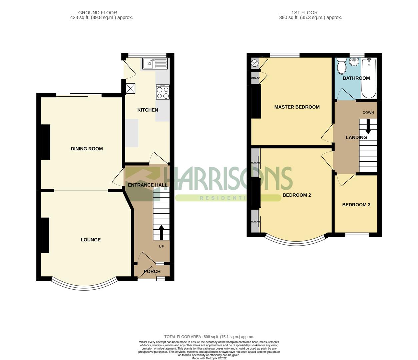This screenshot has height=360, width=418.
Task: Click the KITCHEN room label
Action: click(147, 110)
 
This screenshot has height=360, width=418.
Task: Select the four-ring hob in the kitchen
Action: click(163, 92)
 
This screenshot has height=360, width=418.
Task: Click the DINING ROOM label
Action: click(87, 149)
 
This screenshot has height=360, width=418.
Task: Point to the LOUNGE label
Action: click(90, 240)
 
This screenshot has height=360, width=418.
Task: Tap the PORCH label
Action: click(152, 271)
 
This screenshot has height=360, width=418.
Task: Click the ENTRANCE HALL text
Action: click(147, 185)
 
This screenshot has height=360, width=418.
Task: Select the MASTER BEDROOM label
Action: click(297, 107)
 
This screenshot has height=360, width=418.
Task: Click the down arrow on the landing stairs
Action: click(368, 127)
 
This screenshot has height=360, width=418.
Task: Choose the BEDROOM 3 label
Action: click(356, 205)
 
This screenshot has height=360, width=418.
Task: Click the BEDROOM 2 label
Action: click(297, 195)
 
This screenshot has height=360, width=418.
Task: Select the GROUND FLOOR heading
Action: click(97, 13)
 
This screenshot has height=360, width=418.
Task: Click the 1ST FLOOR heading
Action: click(304, 13)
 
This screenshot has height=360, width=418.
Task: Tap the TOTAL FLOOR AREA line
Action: click(209, 337)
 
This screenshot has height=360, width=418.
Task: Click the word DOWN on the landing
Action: click(368, 113)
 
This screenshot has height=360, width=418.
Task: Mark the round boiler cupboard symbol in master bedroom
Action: click(255, 62)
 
